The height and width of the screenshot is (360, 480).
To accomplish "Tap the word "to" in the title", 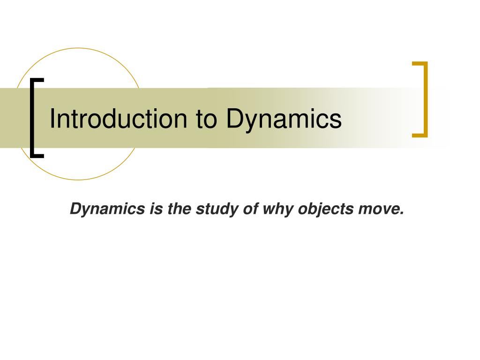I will pyautogui.click(x=207, y=119).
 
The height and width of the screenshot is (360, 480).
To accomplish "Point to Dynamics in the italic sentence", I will pyautogui.click(x=107, y=209).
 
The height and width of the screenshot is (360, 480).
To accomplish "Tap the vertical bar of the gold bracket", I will pyautogui.click(x=426, y=99).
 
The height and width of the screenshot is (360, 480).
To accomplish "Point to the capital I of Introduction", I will pyautogui.click(x=52, y=119).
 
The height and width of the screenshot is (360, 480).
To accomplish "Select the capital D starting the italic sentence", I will pyautogui.click(x=75, y=209).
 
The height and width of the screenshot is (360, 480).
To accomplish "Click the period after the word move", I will pyautogui.click(x=402, y=213).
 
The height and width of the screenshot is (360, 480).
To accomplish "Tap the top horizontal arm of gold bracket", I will pyautogui.click(x=420, y=63).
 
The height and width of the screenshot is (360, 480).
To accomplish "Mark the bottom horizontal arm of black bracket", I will pyautogui.click(x=37, y=156).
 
